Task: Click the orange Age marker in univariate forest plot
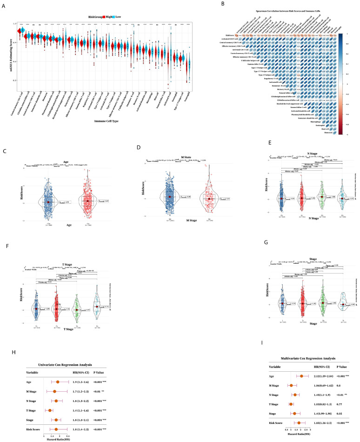click(x=58, y=369)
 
